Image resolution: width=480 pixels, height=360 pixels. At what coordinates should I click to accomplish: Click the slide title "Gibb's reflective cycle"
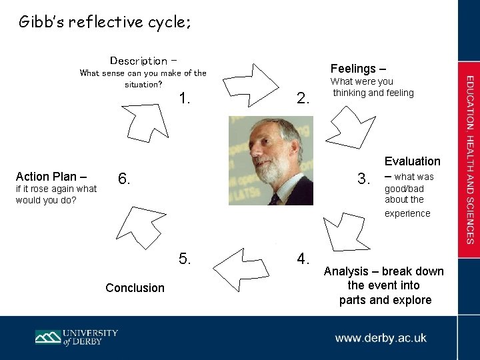pyautogui.click(x=105, y=23)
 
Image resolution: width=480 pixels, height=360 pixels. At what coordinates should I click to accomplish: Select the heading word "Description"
pyautogui.click(x=139, y=61)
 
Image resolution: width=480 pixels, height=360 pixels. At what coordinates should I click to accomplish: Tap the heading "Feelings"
pyautogui.click(x=353, y=69)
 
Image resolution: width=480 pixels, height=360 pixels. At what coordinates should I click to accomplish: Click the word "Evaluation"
pyautogui.click(x=412, y=161)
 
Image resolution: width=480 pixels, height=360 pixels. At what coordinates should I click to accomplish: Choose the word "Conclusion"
pyautogui.click(x=135, y=288)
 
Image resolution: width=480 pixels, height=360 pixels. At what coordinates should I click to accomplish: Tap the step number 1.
pyautogui.click(x=186, y=99)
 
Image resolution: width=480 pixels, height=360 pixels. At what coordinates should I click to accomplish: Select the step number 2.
pyautogui.click(x=303, y=99)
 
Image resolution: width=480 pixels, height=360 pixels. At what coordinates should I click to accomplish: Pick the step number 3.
pyautogui.click(x=364, y=179)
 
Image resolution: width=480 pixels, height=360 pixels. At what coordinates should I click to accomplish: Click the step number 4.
pyautogui.click(x=303, y=258)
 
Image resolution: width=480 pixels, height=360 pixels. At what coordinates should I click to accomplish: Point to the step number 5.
pyautogui.click(x=186, y=258)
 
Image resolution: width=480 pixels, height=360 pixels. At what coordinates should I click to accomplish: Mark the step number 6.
pyautogui.click(x=123, y=179)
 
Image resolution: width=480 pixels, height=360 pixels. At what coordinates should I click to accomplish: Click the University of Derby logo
pyautogui.click(x=77, y=337)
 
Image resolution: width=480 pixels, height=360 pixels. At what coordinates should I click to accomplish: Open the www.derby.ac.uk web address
pyautogui.click(x=381, y=338)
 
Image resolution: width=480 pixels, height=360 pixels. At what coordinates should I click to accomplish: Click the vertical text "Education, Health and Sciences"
pyautogui.click(x=469, y=159)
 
